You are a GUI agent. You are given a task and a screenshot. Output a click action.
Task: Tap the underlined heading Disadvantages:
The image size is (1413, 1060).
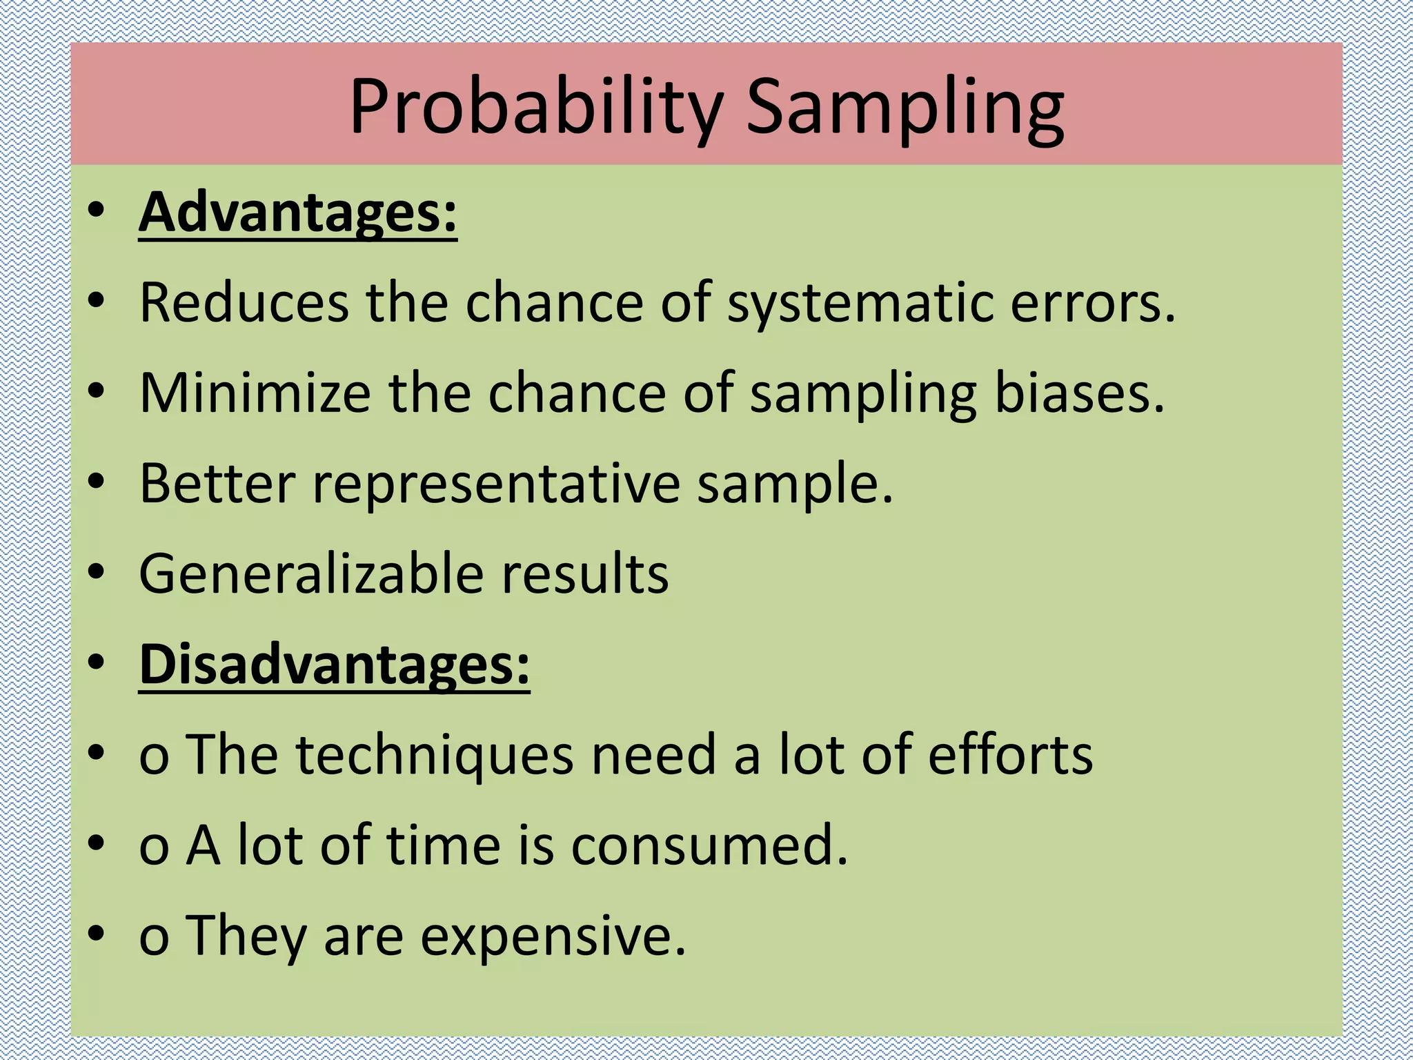[334, 664]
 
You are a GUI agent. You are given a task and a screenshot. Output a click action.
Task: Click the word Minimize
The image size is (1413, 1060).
[255, 393]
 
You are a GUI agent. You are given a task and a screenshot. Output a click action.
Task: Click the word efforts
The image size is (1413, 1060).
[1010, 754]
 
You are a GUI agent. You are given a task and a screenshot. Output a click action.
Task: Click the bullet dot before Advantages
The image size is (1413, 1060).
[96, 210]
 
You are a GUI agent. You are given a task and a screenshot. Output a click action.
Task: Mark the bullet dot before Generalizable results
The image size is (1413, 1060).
[96, 571]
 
